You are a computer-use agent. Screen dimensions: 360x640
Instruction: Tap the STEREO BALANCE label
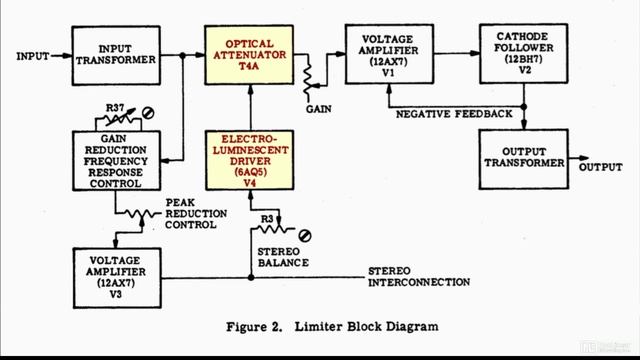(282, 256)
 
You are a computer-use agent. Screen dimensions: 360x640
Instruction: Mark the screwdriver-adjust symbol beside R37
(151, 112)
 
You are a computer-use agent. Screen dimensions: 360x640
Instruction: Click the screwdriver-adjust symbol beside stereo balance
(305, 235)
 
